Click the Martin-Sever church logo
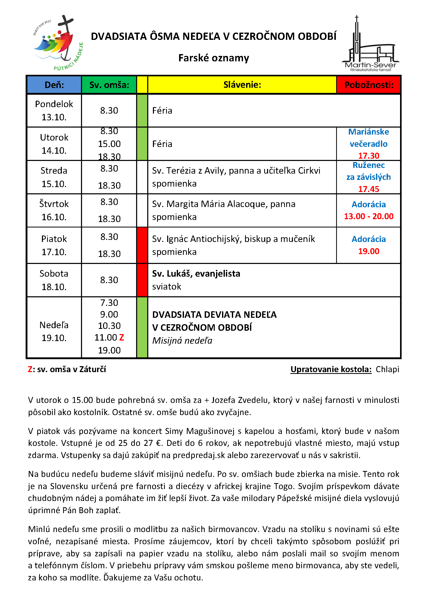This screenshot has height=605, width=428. tap(370, 44)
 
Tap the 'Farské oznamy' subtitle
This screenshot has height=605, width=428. tap(213, 58)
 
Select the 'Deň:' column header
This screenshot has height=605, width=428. tap(54, 85)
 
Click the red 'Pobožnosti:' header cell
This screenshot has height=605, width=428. tap(369, 85)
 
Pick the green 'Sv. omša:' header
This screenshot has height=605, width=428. tap(109, 85)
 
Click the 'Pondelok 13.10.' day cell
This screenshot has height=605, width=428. tap(54, 111)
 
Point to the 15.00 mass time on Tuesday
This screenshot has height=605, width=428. tap(109, 144)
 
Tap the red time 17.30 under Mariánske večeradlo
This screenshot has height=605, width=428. tap(368, 156)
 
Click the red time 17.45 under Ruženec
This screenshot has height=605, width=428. tap(368, 189)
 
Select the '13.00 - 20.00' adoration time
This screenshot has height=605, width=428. tap(368, 216)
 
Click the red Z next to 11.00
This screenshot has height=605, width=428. tap(122, 337)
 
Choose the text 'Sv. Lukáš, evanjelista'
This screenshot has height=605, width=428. tap(196, 274)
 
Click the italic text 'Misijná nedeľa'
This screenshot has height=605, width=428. tap(182, 341)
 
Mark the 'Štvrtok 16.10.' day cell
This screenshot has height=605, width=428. tap(54, 211)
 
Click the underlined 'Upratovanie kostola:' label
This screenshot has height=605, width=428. tap(331, 370)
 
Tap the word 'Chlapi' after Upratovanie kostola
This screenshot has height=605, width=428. tap(387, 370)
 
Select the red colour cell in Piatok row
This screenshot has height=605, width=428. tap(142, 245)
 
